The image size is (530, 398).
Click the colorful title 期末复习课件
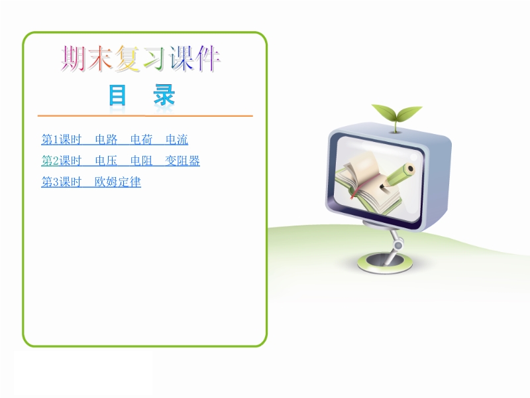click(x=140, y=59)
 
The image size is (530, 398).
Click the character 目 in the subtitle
click(x=117, y=96)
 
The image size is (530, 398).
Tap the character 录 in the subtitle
click(x=164, y=95)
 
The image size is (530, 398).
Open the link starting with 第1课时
click(x=115, y=139)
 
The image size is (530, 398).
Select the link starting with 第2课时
click(x=121, y=161)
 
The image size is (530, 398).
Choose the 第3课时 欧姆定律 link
click(x=91, y=182)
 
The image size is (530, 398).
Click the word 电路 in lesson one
click(x=106, y=139)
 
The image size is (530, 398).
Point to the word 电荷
click(x=141, y=139)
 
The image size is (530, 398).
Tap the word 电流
click(x=177, y=139)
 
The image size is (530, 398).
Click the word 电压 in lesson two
click(x=106, y=161)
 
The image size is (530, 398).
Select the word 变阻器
click(x=183, y=161)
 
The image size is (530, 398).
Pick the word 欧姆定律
click(x=118, y=182)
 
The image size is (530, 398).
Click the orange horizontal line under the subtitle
click(x=145, y=115)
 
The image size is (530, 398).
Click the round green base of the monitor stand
click(x=385, y=262)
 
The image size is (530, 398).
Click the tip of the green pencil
click(x=382, y=186)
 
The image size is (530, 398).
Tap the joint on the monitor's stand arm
click(x=398, y=244)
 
